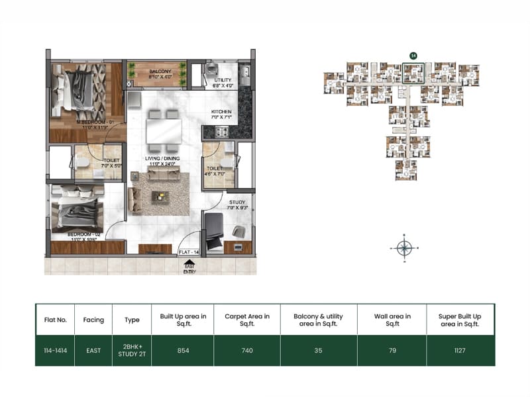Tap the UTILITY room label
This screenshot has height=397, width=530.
222,80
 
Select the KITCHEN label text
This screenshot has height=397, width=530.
221,112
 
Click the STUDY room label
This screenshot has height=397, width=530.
238,202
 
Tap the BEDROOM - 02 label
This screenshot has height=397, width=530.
82,235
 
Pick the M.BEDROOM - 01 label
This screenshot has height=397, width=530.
96,122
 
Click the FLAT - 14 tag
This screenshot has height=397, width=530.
189,252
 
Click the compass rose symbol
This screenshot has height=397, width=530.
405,248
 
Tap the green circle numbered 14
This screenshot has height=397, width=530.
413,56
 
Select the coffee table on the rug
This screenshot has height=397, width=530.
160,196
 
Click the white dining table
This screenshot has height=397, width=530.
162,129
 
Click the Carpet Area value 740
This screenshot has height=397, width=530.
246,350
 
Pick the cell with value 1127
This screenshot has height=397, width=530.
459,350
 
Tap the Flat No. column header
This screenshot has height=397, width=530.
54,320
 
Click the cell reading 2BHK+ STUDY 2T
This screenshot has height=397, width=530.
132,350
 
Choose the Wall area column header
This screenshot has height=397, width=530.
392,320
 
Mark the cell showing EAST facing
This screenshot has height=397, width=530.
93,350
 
